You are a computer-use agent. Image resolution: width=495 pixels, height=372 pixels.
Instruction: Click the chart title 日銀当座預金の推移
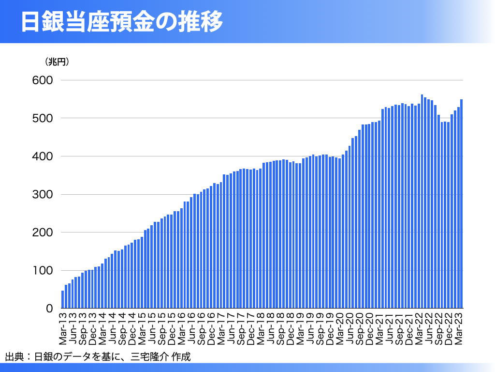click(x=122, y=22)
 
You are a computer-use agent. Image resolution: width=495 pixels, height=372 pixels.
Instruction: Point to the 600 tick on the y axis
click(x=43, y=80)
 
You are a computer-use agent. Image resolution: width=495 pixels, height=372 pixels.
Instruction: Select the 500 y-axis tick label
click(x=43, y=118)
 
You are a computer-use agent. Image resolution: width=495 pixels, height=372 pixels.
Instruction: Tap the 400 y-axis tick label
click(x=43, y=156)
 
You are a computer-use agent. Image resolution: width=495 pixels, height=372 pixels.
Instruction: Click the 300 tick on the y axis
click(x=43, y=195)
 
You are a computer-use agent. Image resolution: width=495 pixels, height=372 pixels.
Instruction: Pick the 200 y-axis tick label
click(x=43, y=232)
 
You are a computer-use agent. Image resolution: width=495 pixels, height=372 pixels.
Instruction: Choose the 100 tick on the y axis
click(x=43, y=271)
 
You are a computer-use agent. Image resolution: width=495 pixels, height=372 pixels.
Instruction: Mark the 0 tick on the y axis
click(x=49, y=309)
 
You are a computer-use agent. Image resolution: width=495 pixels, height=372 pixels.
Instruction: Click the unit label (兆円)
click(x=57, y=62)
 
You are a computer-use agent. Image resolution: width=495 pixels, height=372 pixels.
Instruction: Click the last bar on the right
click(x=462, y=204)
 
